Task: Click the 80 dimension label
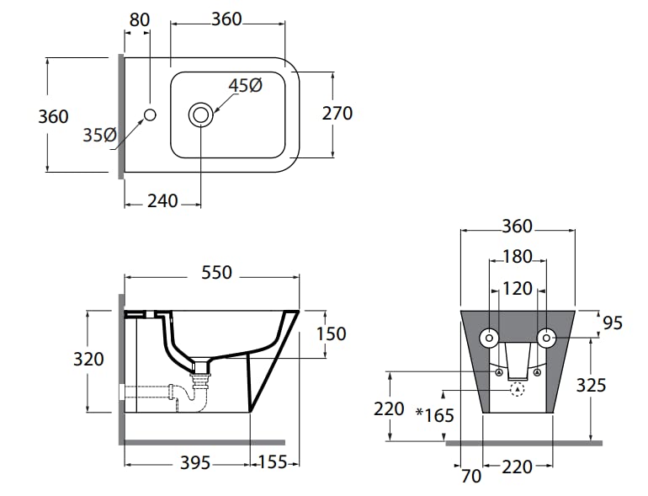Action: click(x=139, y=19)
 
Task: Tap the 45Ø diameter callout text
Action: click(x=246, y=86)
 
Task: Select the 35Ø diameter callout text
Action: click(x=100, y=135)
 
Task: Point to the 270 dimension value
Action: click(x=337, y=114)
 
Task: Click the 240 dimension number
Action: click(x=162, y=201)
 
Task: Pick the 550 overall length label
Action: click(x=216, y=273)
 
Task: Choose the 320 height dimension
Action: click(x=88, y=359)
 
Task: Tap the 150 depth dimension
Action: click(x=332, y=333)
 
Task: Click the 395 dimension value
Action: click(x=195, y=463)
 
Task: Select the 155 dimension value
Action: click(x=273, y=462)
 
